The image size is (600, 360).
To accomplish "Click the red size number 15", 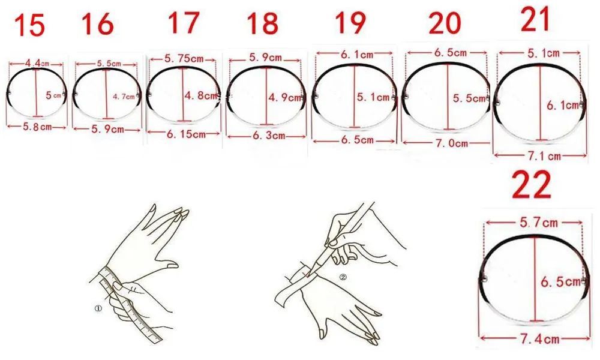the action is [x=29, y=26].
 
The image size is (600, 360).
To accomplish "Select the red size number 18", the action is [x=262, y=23].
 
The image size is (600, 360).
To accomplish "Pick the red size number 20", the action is [x=445, y=23].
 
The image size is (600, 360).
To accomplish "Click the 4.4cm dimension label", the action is [x=37, y=63].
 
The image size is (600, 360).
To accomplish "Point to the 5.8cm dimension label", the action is [x=37, y=127].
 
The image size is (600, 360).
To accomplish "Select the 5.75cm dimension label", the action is [x=184, y=59].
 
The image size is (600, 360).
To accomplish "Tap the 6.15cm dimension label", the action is [x=186, y=134].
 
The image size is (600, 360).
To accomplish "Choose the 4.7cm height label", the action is [x=124, y=97].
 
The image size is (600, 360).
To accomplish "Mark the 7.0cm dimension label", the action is [x=452, y=143].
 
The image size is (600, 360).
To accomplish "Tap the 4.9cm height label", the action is [x=285, y=98].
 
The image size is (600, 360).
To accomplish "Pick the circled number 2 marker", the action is [x=343, y=278].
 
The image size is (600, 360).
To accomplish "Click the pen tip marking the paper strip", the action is [x=308, y=274].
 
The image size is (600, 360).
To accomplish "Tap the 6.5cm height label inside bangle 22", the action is [x=560, y=283].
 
